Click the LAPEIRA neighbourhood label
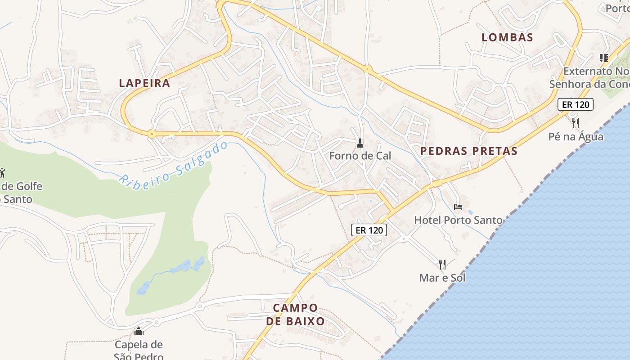coord(144,83)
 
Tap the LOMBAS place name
coord(507,37)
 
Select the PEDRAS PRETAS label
coord(469,151)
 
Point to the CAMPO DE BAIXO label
coord(295,315)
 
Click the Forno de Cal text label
coord(360,156)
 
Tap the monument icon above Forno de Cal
coord(360,144)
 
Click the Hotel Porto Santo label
coord(458,220)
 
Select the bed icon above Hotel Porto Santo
coord(458,207)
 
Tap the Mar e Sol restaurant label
coord(442,278)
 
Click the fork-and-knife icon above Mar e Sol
coord(442,264)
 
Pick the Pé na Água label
coord(576,136)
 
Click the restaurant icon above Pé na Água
coord(575,123)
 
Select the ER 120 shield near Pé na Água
coord(575,105)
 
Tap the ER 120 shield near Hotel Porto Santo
coord(369,230)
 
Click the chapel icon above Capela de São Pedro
coord(139,332)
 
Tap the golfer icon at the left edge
coord(2,172)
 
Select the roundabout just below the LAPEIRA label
coord(152,134)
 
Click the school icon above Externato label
coord(603,58)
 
